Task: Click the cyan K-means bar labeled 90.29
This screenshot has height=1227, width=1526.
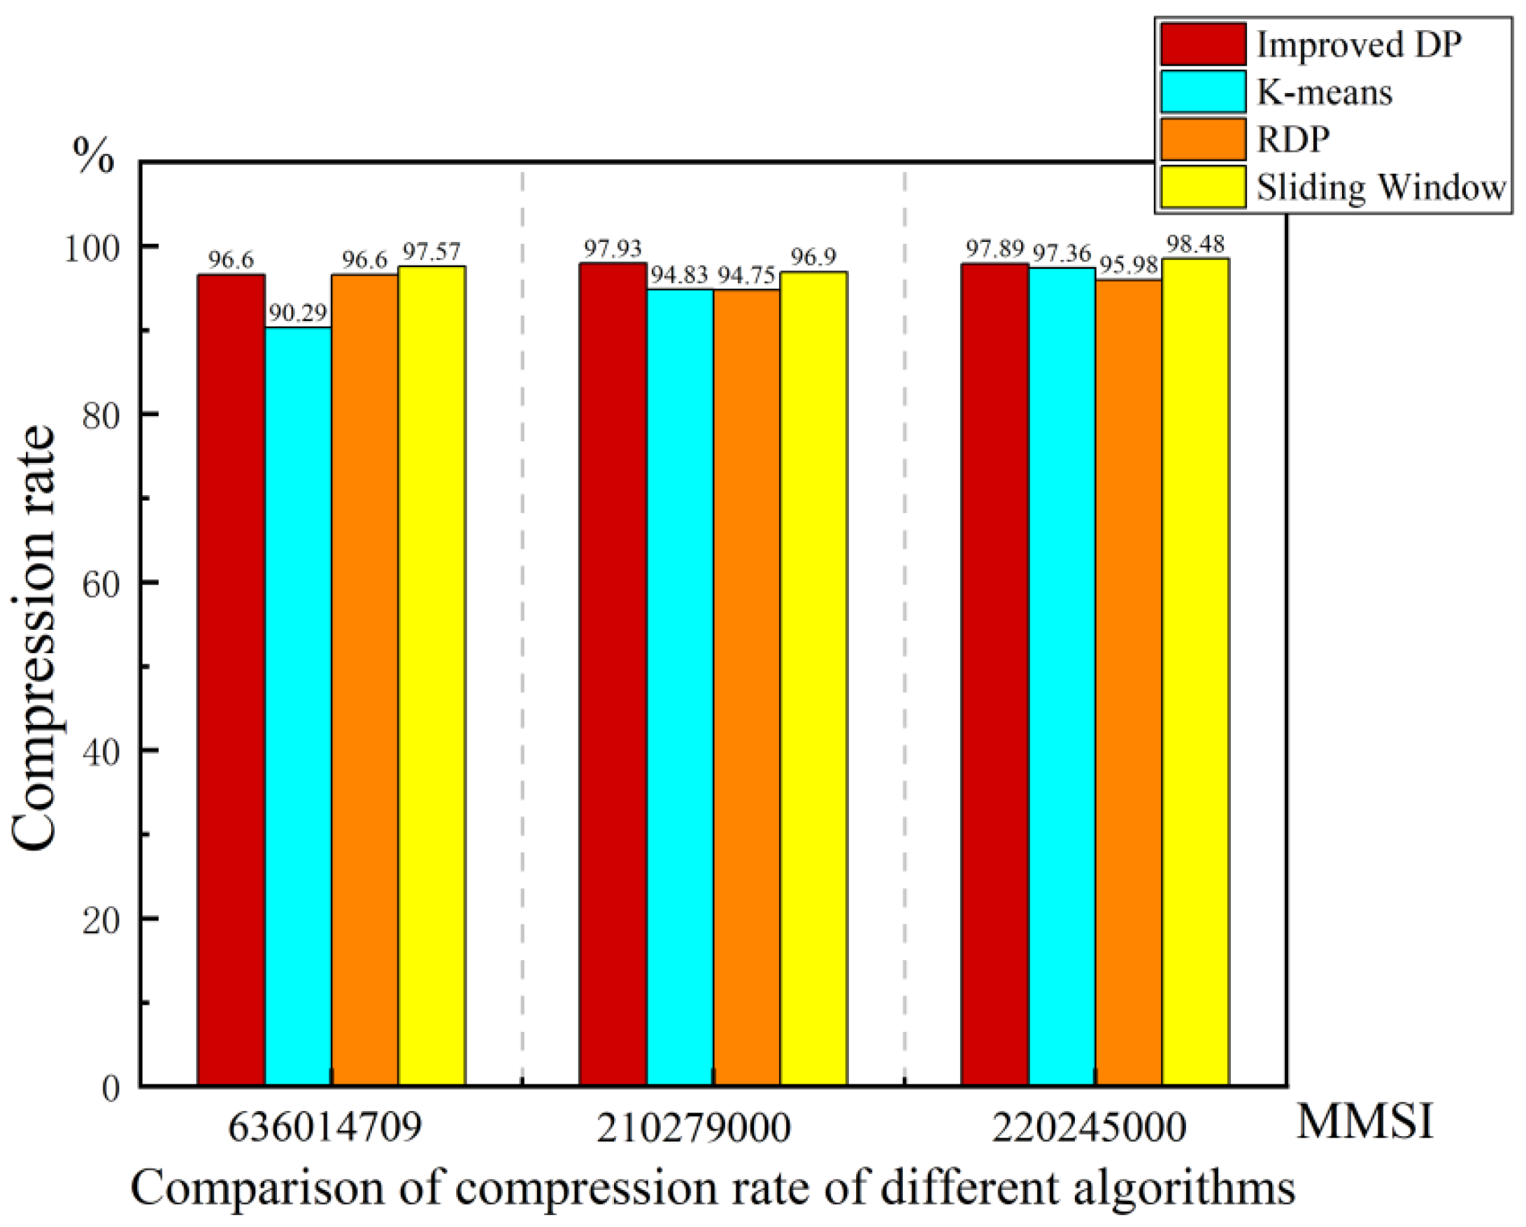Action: coord(298,705)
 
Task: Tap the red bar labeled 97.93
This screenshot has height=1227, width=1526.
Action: coord(613,674)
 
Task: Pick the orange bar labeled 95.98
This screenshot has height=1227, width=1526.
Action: coord(1129,682)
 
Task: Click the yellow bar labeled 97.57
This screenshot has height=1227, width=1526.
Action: coord(432,675)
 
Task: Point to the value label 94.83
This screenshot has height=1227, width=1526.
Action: coord(680,276)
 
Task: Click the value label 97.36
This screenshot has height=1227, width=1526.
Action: coord(1062,253)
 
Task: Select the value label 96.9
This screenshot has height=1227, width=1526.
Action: coord(813,257)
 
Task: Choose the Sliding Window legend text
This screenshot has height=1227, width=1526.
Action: coord(1381,187)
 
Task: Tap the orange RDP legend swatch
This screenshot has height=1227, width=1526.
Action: coord(1204,139)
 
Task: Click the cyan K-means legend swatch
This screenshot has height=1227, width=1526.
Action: coord(1204,92)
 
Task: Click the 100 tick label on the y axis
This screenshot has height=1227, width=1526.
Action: coord(93,247)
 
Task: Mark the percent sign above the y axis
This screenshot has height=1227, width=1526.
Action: coord(94,157)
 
